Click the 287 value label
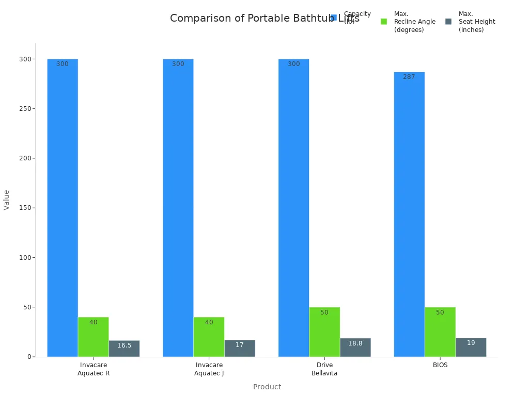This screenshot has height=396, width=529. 409,77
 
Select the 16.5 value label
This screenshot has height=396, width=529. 124,345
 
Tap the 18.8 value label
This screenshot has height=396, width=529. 355,343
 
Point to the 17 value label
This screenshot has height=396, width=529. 240,345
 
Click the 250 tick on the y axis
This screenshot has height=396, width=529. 23,109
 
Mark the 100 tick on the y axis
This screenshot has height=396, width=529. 23,257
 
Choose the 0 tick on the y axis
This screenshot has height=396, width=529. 29,357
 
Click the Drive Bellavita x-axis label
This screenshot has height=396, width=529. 324,369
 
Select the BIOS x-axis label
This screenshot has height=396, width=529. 440,365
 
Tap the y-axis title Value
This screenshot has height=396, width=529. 7,200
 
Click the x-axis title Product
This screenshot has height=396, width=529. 267,387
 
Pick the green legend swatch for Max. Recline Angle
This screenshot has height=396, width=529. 384,22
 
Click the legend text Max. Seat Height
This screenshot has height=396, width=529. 476,22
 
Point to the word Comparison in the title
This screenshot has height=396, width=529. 202,19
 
